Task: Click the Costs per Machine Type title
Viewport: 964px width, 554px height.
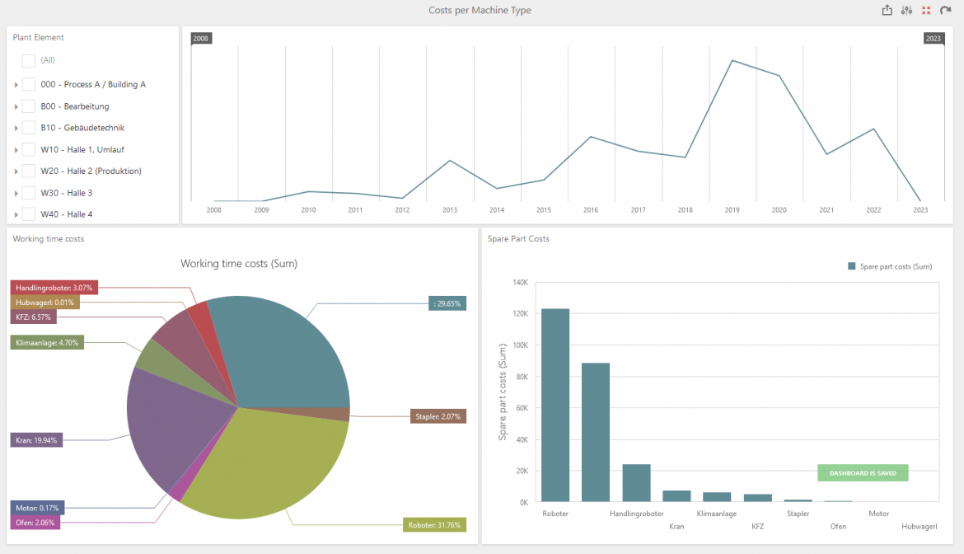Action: click(480, 11)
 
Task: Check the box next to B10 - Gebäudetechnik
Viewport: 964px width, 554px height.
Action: click(29, 128)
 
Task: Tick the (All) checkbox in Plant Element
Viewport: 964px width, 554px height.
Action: click(29, 60)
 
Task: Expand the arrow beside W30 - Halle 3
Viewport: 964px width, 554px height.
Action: click(16, 193)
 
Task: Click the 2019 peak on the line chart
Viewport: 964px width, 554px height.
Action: click(732, 60)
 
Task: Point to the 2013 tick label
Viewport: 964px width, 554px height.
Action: click(450, 210)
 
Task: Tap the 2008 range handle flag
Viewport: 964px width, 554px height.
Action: click(201, 38)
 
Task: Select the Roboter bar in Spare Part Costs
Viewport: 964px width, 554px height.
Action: click(555, 405)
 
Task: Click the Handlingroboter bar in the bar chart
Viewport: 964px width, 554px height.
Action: click(636, 482)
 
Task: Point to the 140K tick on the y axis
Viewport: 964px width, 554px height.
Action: click(520, 283)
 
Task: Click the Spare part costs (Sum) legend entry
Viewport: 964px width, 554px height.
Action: click(890, 266)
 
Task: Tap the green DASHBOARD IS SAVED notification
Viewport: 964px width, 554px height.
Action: click(863, 473)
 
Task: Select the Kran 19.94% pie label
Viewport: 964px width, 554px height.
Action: click(36, 440)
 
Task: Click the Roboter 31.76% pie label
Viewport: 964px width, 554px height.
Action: click(435, 525)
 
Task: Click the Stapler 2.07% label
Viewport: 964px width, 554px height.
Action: click(438, 416)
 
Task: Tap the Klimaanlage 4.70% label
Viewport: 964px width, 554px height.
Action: click(47, 342)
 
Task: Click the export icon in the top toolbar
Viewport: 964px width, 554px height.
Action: click(887, 11)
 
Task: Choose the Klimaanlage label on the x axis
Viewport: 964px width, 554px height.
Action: click(717, 514)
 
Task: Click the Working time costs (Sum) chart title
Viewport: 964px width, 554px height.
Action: click(239, 264)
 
